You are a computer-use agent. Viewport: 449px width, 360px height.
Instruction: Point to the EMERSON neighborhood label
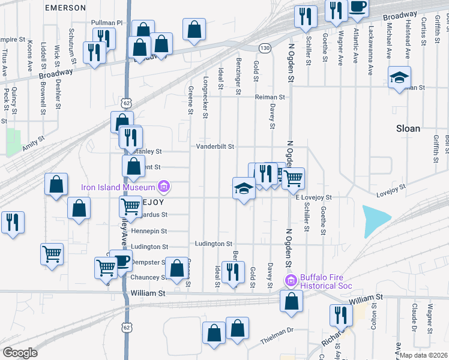[x=66, y=8]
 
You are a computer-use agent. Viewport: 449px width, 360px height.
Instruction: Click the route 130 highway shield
[x=264, y=47]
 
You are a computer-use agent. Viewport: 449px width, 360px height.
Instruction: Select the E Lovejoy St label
[x=313, y=197]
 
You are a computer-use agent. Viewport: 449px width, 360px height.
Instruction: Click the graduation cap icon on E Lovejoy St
[x=243, y=188]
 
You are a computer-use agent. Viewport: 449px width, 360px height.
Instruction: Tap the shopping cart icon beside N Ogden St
[x=294, y=177]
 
